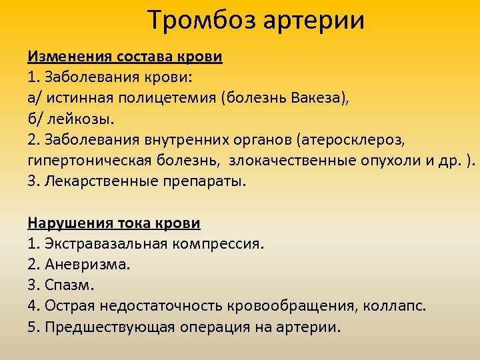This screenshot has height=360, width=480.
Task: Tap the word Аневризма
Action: tap(87, 265)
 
